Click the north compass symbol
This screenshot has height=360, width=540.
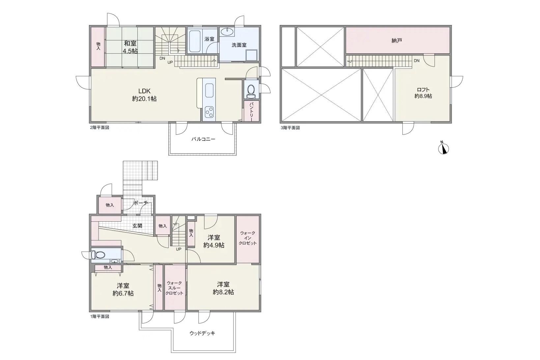pyautogui.click(x=443, y=148)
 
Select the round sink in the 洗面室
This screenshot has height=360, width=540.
pyautogui.click(x=227, y=32)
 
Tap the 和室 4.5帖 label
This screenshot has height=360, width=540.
pyautogui.click(x=130, y=47)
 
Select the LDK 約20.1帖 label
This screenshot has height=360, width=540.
pyautogui.click(x=144, y=95)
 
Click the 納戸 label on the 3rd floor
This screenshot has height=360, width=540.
pyautogui.click(x=397, y=41)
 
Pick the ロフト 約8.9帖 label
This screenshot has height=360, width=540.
pyautogui.click(x=423, y=93)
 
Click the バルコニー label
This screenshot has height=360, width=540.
pyautogui.click(x=203, y=139)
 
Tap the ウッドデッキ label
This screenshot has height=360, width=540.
pyautogui.click(x=202, y=333)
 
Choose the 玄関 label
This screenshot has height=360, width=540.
pyautogui.click(x=137, y=226)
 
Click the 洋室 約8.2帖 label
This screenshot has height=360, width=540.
pyautogui.click(x=223, y=288)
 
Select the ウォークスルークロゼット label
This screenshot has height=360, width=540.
pyautogui.click(x=174, y=288)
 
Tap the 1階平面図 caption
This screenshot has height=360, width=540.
pyautogui.click(x=99, y=317)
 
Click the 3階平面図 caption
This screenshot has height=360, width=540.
pyautogui.click(x=290, y=128)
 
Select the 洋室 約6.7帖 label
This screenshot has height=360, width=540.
pyautogui.click(x=123, y=290)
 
